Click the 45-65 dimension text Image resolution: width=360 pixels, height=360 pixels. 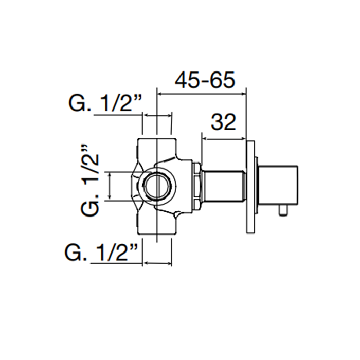[x=205, y=80]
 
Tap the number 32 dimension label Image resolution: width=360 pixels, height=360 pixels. [x=223, y=122]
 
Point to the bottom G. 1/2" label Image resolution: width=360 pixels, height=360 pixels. [x=102, y=253]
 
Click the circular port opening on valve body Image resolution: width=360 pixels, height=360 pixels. [x=157, y=186]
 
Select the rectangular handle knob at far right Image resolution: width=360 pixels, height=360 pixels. [x=278, y=185]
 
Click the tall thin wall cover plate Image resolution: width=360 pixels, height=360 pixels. [x=250, y=187]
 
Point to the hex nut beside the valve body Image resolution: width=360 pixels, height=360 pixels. [x=197, y=186]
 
